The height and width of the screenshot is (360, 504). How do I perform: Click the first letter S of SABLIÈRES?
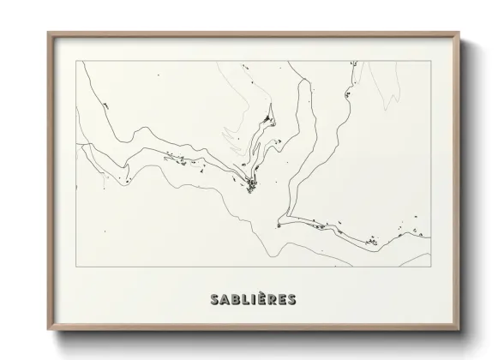(x=213, y=300)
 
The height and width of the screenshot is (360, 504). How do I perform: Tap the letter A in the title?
(x=225, y=300)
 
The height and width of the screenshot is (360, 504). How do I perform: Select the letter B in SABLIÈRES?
(x=236, y=300)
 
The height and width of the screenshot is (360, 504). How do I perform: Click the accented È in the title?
(x=261, y=300)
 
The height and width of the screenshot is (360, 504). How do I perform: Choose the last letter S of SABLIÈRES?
(x=293, y=300)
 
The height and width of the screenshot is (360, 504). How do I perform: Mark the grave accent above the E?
(x=261, y=292)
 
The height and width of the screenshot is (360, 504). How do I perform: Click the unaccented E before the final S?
(x=283, y=300)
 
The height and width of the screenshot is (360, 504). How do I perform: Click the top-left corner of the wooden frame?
(x=48, y=33)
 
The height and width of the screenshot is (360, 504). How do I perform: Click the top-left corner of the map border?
(x=76, y=62)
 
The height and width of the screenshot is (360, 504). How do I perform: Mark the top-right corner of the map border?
(x=430, y=62)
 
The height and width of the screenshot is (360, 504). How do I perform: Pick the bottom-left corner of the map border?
(x=76, y=267)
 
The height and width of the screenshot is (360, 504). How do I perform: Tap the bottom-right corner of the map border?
(x=430, y=267)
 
